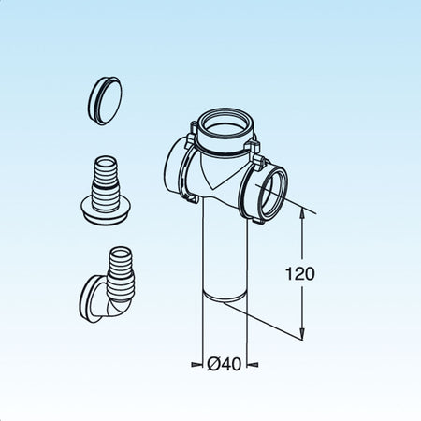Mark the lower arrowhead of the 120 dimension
click(x=302, y=334)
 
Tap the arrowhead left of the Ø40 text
click(x=198, y=364)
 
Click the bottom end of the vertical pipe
click(x=223, y=300)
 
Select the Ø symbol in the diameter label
click(x=213, y=364)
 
